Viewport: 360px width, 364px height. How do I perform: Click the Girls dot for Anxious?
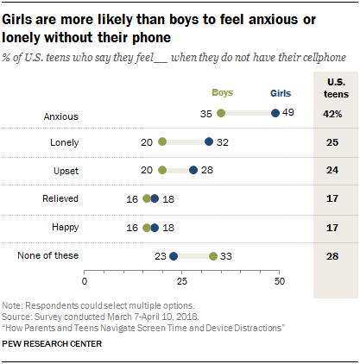point(275,112)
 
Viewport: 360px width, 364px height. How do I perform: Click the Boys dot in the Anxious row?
point(221,112)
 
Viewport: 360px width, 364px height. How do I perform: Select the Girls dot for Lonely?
point(209,141)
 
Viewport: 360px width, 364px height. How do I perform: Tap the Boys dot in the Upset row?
point(162,170)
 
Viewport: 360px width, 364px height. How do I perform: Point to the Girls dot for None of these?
point(174,255)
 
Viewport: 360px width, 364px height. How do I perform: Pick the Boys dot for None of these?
point(213,255)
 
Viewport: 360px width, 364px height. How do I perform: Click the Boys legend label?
point(224,91)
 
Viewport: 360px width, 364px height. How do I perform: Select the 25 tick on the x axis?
point(181,281)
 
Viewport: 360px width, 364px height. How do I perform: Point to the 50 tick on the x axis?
point(279,281)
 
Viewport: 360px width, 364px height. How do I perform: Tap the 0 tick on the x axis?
point(85,281)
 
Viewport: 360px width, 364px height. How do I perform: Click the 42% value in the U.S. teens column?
point(332,113)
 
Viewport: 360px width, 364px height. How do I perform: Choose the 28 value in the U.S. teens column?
point(332,255)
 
